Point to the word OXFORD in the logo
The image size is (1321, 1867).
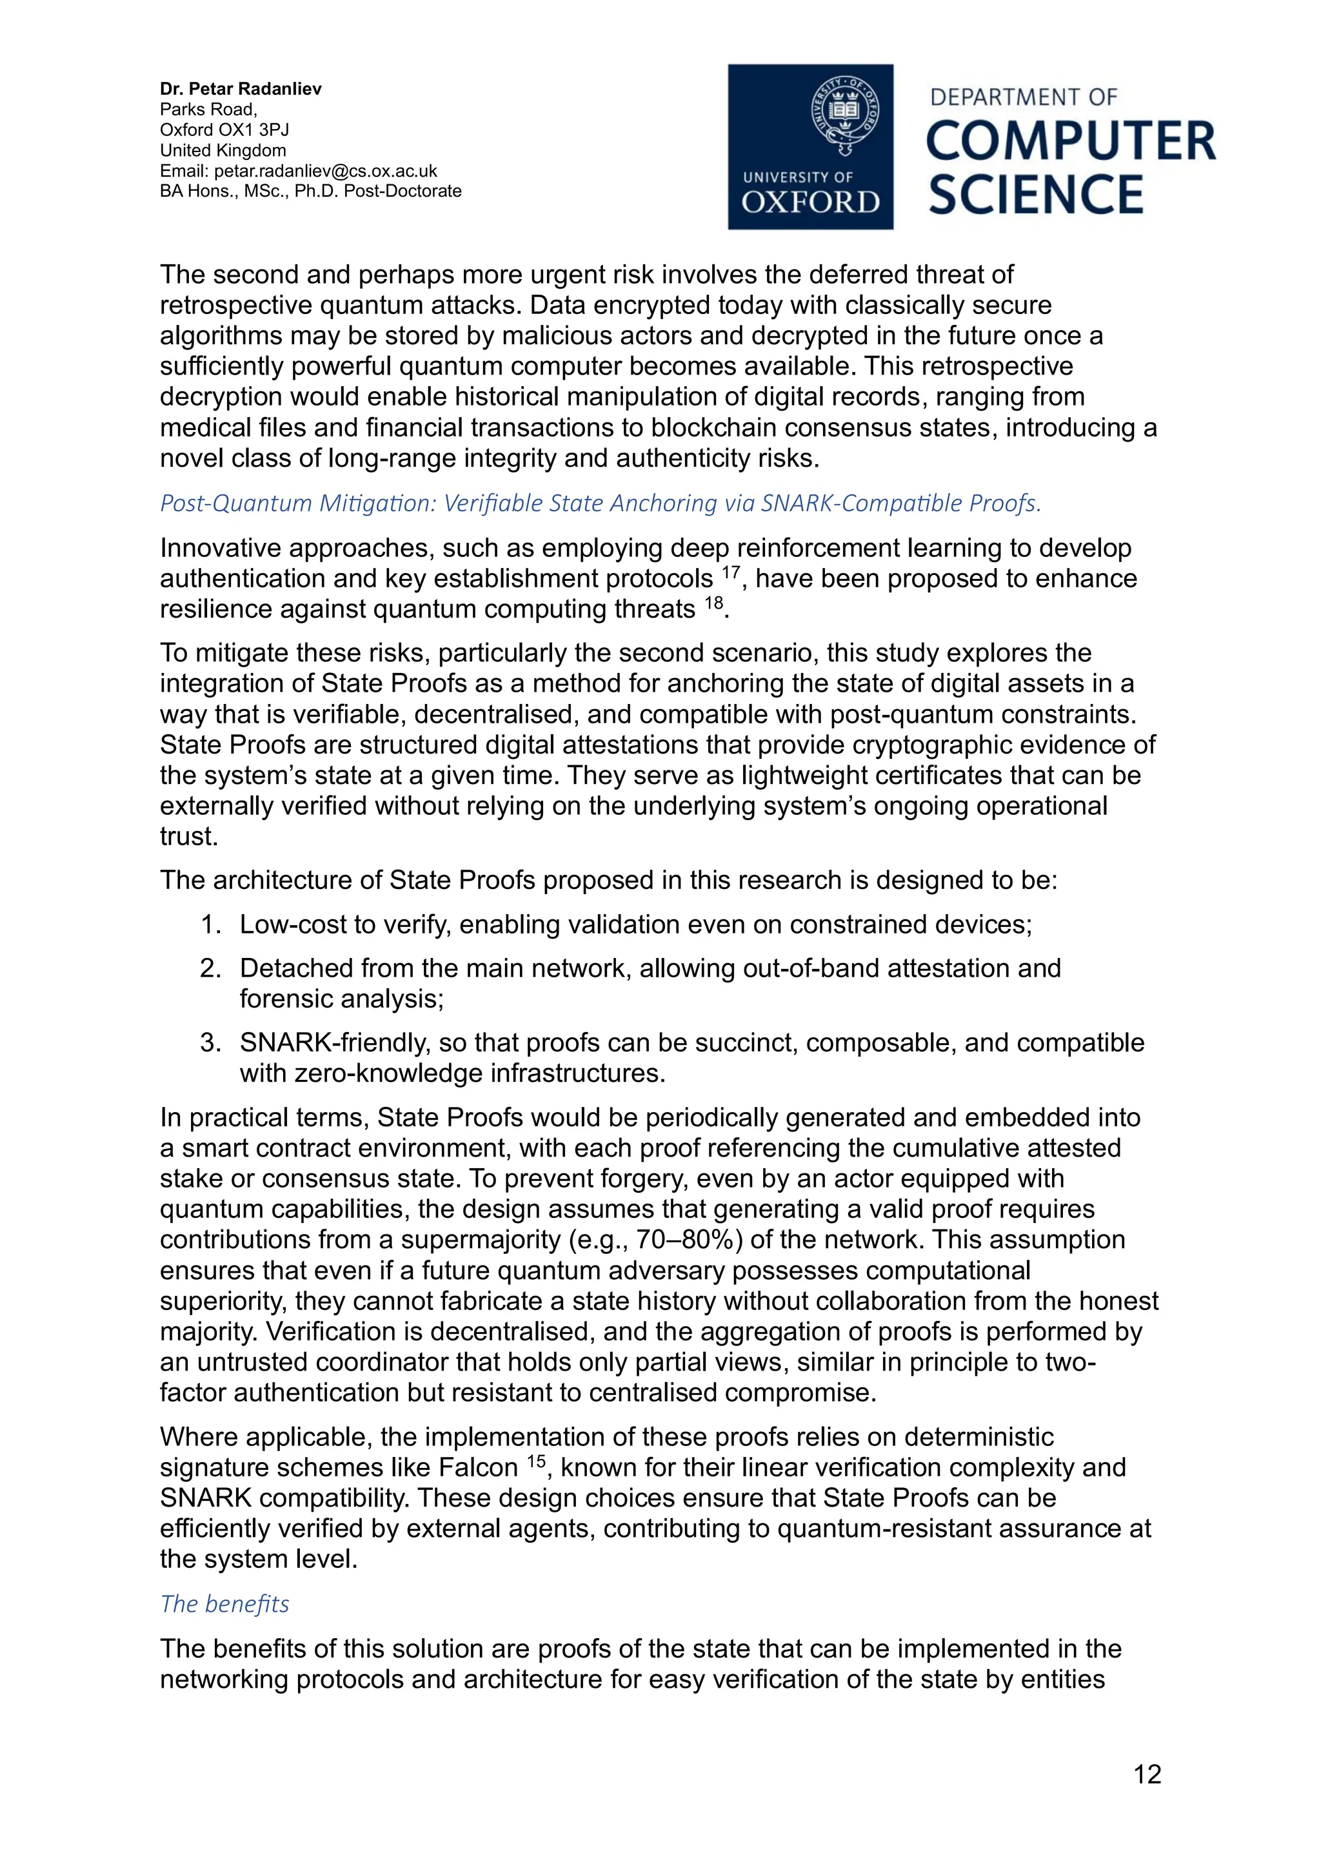[810, 202]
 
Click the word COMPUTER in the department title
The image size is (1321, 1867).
[1071, 141]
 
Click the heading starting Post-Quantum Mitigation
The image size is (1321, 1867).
[601, 503]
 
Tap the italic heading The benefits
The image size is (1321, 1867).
[224, 1605]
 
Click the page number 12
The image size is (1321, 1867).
[1147, 1774]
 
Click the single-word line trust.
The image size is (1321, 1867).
[189, 837]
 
